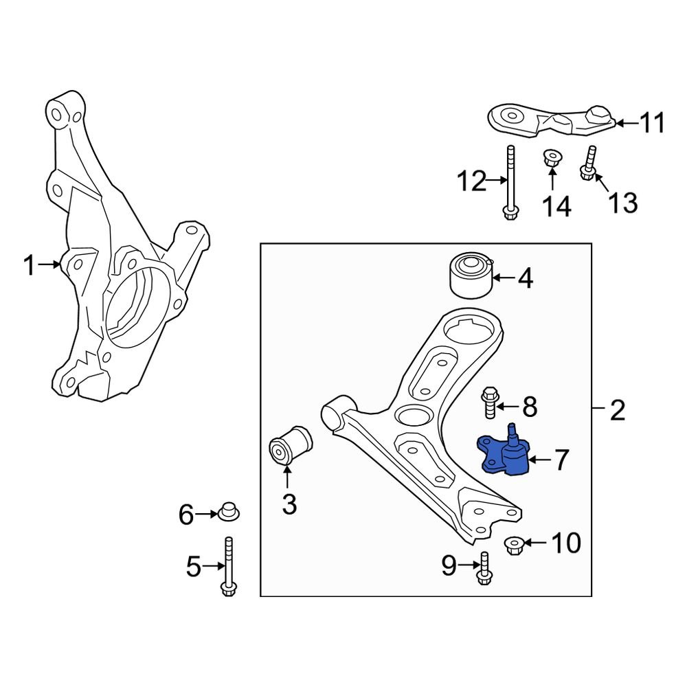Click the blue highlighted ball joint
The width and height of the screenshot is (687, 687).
point(505,455)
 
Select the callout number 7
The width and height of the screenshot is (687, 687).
point(561,460)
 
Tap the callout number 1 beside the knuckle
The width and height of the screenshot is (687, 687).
point(29,265)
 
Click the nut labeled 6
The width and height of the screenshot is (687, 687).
point(228,512)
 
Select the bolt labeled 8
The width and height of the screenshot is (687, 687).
point(489,403)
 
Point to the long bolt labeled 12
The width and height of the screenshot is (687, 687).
point(510,182)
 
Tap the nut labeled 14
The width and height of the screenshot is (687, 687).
point(551,159)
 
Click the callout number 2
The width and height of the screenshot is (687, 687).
point(617,412)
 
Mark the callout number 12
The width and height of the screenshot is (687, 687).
point(472,182)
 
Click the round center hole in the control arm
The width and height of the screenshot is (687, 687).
point(414,416)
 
